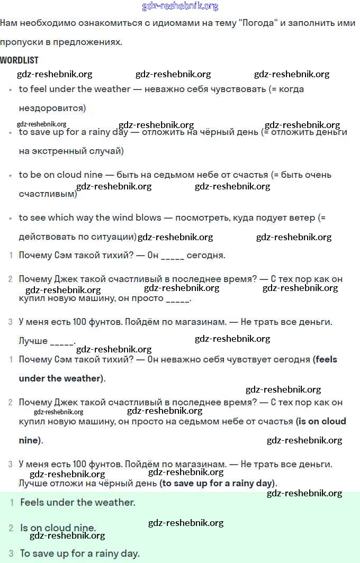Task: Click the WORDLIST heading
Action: pos(19,60)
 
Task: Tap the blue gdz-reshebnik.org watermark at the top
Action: pos(180,6)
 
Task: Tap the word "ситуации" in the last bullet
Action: pos(117,237)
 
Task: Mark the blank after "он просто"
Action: pos(177,298)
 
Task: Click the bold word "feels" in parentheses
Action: pos(326,359)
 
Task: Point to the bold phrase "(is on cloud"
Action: pos(321,421)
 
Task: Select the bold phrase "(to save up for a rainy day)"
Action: pos(218,483)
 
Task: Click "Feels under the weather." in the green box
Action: pos(78,502)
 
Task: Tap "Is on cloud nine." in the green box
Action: pos(58,528)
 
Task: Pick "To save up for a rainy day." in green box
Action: pos(80,553)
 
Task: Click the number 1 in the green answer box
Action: pos(12,502)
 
